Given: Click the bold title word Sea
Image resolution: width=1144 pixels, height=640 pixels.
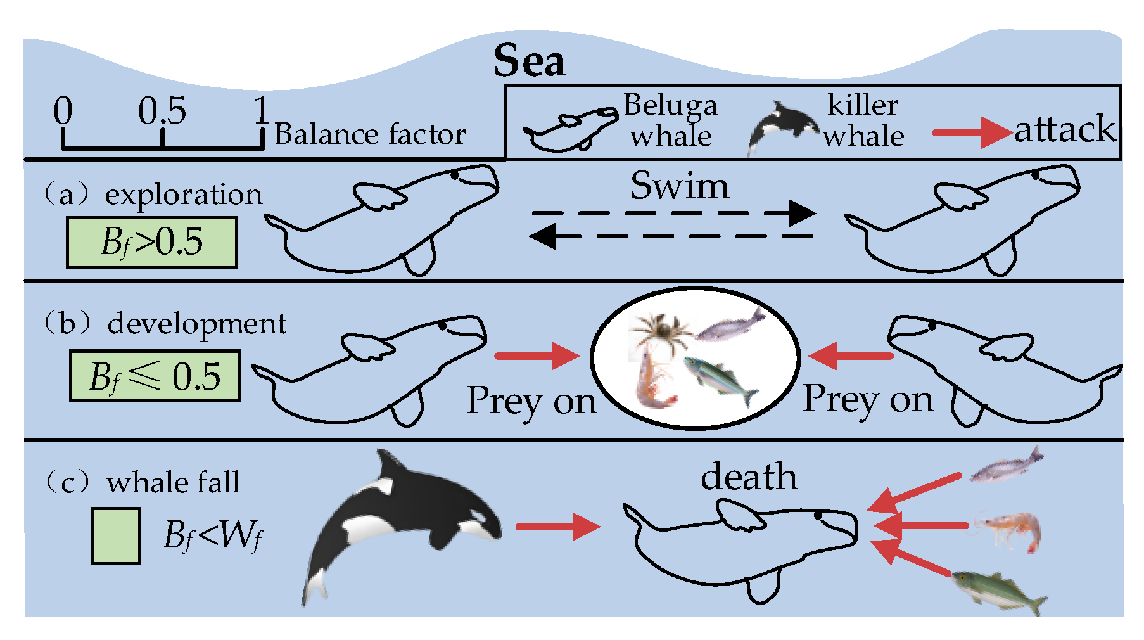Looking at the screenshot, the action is [x=530, y=61].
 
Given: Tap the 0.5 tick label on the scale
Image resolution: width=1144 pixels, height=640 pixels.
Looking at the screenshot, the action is [x=162, y=112].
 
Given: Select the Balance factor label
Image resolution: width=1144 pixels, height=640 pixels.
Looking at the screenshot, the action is [x=371, y=134].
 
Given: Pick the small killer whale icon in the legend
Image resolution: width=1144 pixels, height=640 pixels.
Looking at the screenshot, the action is [x=783, y=125].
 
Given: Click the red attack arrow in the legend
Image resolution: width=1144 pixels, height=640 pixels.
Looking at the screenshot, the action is [x=972, y=132].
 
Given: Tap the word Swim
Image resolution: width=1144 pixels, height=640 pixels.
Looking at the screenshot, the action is [x=679, y=186].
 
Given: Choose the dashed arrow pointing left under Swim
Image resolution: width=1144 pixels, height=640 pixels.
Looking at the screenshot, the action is [x=671, y=236].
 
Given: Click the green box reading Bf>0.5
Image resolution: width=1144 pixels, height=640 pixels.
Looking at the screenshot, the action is [x=152, y=243].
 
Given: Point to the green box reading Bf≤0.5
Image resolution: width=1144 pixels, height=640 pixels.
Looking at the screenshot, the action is [x=155, y=376].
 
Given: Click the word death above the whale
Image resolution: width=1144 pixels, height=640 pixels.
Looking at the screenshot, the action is [x=748, y=477].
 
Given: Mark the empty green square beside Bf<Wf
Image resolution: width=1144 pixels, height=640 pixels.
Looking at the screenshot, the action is [x=115, y=536].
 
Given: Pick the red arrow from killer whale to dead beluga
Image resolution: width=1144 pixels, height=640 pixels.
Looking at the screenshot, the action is [x=557, y=527].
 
